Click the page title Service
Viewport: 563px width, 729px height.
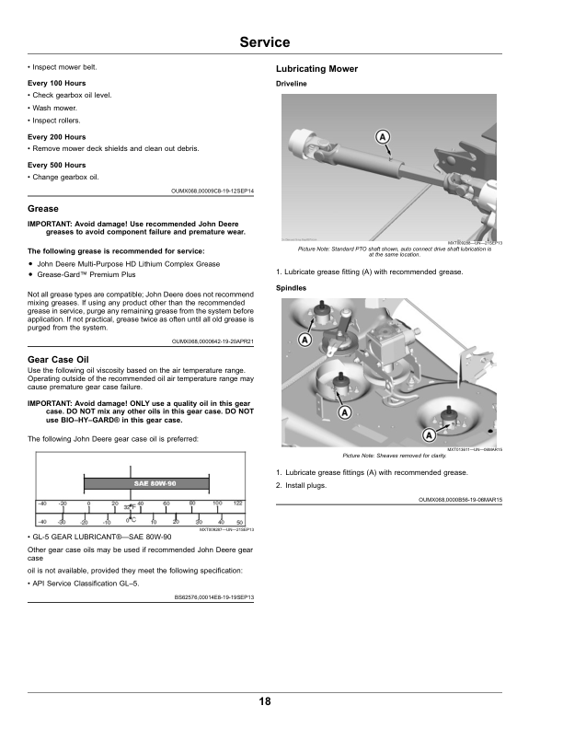click(264, 42)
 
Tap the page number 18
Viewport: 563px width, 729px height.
click(264, 701)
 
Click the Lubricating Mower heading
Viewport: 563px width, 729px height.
click(316, 69)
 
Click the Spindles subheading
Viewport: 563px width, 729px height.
click(293, 288)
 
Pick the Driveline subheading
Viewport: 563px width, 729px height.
click(293, 84)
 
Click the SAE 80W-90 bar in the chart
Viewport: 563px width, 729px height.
click(150, 483)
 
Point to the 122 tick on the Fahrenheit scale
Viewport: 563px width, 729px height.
click(237, 503)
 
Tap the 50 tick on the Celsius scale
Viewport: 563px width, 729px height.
click(238, 522)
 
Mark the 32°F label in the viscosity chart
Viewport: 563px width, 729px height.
click(132, 507)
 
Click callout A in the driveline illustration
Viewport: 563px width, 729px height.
click(381, 138)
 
